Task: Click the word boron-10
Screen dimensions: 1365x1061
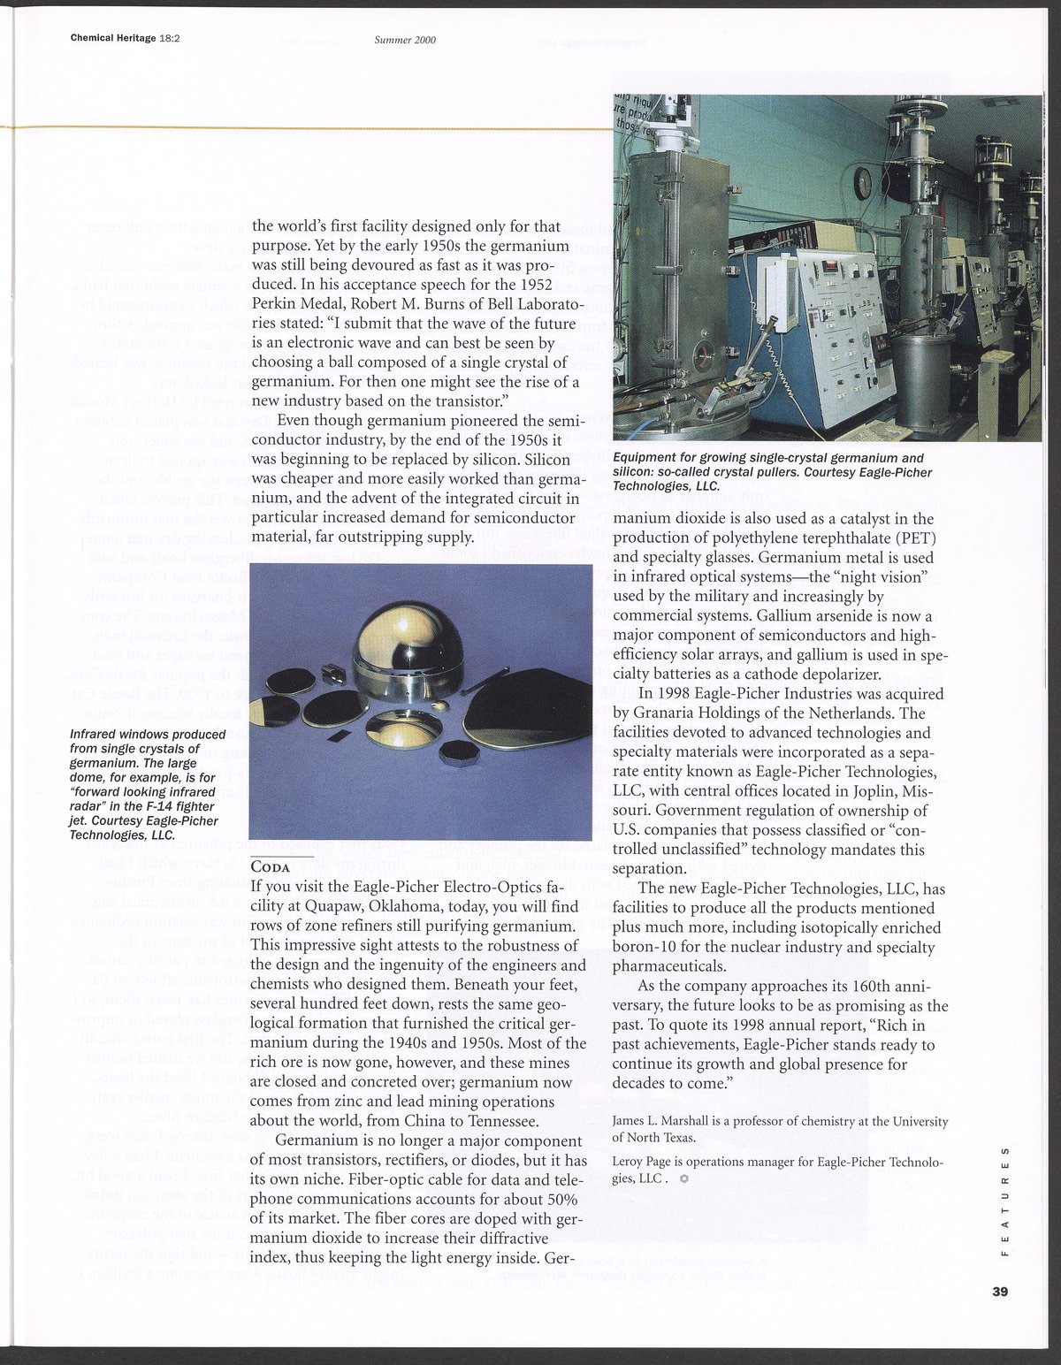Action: click(651, 946)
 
